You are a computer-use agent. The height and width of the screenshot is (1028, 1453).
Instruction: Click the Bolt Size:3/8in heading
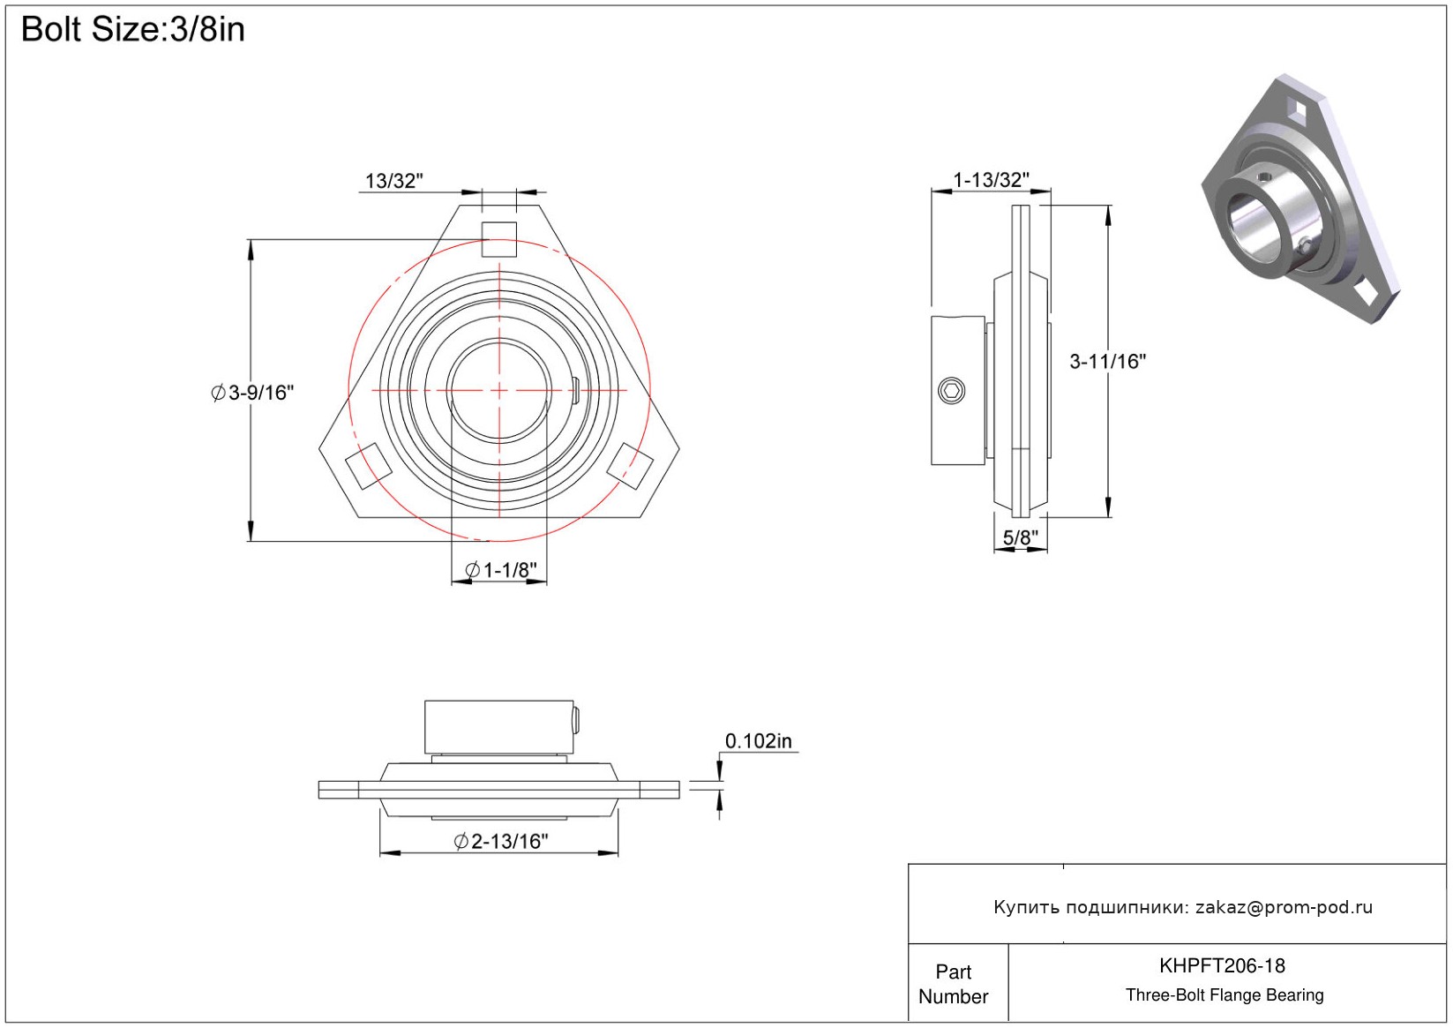pyautogui.click(x=132, y=30)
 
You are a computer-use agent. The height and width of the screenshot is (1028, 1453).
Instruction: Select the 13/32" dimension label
pyautogui.click(x=393, y=181)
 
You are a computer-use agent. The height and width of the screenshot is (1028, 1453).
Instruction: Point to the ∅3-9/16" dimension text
pyautogui.click(x=252, y=393)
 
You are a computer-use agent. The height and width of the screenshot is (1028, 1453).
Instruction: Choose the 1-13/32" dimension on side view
pyautogui.click(x=991, y=180)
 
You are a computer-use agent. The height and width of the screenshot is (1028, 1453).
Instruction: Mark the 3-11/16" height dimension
pyautogui.click(x=1107, y=361)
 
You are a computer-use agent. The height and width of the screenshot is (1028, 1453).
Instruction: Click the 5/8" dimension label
pyautogui.click(x=1020, y=537)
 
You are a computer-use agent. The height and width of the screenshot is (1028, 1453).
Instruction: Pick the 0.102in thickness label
pyautogui.click(x=758, y=741)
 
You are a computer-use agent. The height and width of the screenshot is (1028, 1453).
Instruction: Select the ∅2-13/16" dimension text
pyautogui.click(x=501, y=842)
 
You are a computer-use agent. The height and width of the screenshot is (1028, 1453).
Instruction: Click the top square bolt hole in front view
pyautogui.click(x=499, y=239)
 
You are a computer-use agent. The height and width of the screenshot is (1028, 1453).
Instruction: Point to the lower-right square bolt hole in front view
pyautogui.click(x=632, y=465)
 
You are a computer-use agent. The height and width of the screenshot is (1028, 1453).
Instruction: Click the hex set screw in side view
pyautogui.click(x=952, y=390)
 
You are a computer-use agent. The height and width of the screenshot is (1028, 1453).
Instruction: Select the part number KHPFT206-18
pyautogui.click(x=1222, y=965)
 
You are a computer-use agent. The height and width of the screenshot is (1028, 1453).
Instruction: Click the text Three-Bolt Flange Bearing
pyautogui.click(x=1225, y=995)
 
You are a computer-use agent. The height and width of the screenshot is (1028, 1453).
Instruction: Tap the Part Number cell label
pyautogui.click(x=953, y=984)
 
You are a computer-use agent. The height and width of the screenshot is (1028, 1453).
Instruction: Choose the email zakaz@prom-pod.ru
pyautogui.click(x=1284, y=907)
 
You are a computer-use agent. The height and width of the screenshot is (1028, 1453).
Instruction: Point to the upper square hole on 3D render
pyautogui.click(x=1297, y=109)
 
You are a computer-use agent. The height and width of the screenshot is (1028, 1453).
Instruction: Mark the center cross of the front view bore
pyautogui.click(x=499, y=390)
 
